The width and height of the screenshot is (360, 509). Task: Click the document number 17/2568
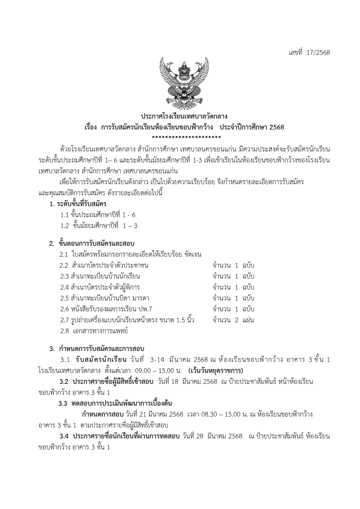coord(318,53)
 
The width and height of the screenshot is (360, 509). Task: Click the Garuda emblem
coord(184,82)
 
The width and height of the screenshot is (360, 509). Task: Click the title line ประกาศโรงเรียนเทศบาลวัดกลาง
coord(184,116)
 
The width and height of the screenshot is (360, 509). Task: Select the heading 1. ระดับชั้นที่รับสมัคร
coord(78,204)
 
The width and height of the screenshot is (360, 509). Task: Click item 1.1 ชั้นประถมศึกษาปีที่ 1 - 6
coord(98,215)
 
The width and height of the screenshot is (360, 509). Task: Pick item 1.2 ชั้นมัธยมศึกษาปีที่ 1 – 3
coord(99,226)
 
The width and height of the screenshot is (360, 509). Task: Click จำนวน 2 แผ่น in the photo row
coord(233,320)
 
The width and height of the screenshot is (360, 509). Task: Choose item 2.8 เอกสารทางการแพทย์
coord(94,331)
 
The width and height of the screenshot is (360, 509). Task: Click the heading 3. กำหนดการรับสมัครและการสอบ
coord(97,349)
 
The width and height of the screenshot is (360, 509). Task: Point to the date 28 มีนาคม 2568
coord(219,436)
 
